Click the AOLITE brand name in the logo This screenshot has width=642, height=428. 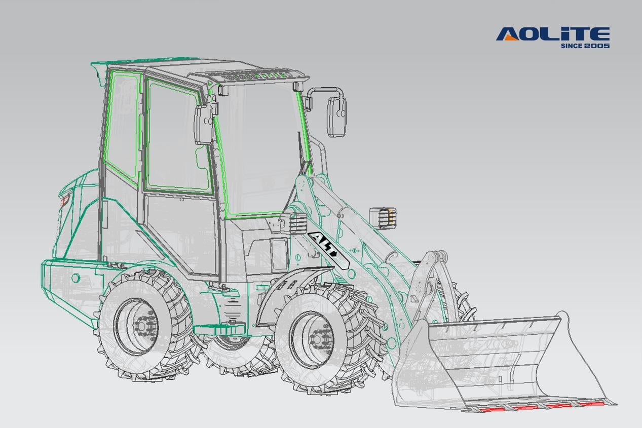553,34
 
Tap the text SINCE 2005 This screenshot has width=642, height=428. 585,46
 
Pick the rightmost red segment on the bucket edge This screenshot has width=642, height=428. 590,404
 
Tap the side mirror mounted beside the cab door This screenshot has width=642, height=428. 203,125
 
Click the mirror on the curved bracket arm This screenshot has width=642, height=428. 337,117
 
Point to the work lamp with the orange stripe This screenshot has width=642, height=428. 383,218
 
